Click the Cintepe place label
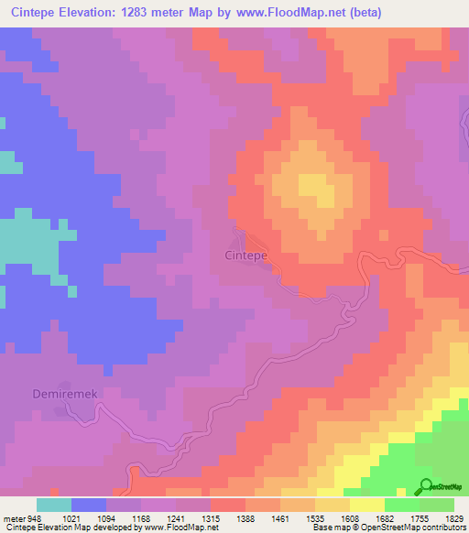(246, 256)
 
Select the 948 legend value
(35, 518)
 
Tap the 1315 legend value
(211, 518)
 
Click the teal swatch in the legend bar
(53, 505)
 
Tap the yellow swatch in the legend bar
(367, 505)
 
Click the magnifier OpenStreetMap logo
(427, 486)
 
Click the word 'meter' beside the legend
(13, 518)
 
